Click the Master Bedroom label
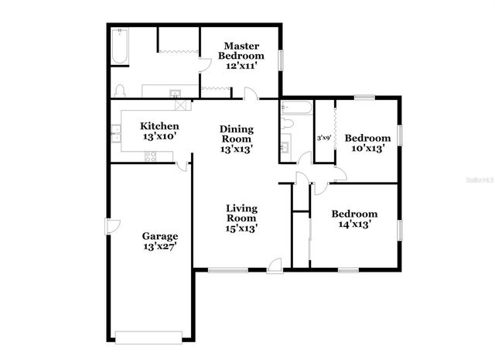point(241,50)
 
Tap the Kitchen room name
point(160,126)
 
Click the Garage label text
point(160,236)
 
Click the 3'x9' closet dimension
point(323,138)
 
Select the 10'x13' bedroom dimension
point(368,149)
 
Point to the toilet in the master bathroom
point(120,90)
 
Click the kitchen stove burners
point(150,157)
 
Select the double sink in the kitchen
point(117,137)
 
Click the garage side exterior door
point(111,226)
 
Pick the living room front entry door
point(275,266)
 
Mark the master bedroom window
point(282,59)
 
